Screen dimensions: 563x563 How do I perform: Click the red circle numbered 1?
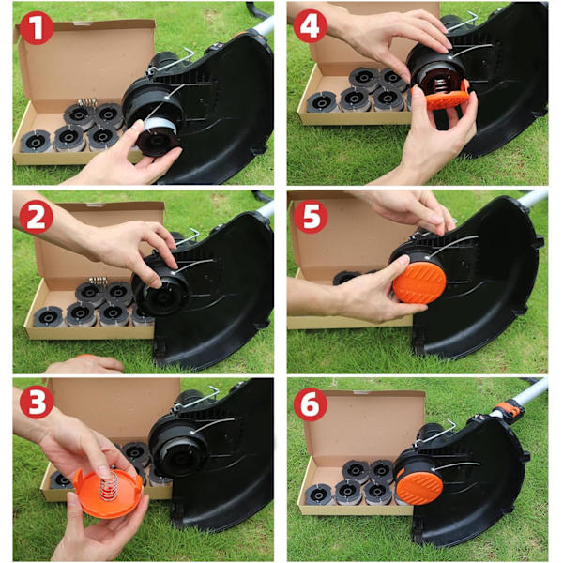point(37,28)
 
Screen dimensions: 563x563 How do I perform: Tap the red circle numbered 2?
point(36,217)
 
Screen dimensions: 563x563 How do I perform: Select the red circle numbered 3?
point(37,402)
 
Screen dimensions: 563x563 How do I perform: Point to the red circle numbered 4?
point(311,26)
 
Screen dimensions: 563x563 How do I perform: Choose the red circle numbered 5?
point(311,217)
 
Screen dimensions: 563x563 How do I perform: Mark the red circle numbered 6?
point(311,404)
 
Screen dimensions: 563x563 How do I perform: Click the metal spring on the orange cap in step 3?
point(109,486)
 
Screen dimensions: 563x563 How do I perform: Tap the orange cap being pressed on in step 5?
point(419,282)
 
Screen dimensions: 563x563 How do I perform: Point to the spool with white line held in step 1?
point(158,136)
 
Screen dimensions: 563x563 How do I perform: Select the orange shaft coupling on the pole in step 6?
point(510,410)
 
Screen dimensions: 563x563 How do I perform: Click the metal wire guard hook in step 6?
point(435,434)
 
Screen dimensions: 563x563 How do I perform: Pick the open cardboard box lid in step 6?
point(364,424)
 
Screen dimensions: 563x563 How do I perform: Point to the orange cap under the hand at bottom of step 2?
point(84,356)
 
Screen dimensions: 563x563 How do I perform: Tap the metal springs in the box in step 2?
point(99,281)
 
